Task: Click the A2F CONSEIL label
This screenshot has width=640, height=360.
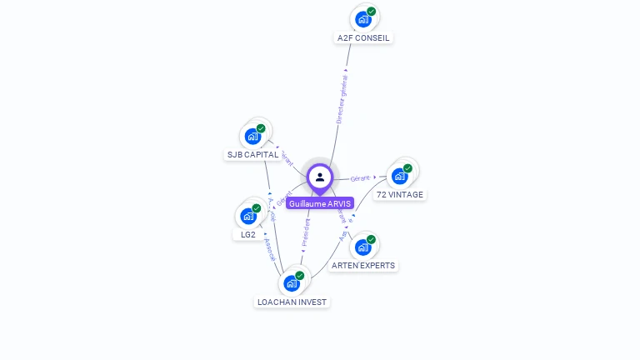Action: (x=363, y=37)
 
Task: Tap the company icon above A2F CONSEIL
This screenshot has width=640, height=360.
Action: (x=362, y=18)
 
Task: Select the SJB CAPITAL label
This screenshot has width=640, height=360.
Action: (x=252, y=154)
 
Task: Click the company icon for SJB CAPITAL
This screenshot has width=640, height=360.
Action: (x=252, y=136)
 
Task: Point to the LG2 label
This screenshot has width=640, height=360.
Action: (x=247, y=234)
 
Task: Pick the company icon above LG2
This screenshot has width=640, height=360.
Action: (x=247, y=216)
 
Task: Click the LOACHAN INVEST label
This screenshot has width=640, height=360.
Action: (x=292, y=302)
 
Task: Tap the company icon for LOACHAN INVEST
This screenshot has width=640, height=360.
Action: (x=291, y=283)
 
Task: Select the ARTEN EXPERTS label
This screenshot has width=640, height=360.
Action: (x=363, y=265)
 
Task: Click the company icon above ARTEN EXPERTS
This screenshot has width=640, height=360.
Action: (x=362, y=247)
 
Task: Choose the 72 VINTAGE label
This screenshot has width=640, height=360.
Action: (x=400, y=194)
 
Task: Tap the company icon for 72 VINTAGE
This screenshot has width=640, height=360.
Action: (x=399, y=176)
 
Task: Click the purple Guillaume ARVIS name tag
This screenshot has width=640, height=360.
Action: (x=320, y=203)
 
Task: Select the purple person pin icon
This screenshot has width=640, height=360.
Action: (x=320, y=177)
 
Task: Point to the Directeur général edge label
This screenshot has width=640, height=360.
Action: (x=341, y=98)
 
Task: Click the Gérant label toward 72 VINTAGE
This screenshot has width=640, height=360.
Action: (x=360, y=178)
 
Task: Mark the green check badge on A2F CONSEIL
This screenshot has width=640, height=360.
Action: (x=372, y=12)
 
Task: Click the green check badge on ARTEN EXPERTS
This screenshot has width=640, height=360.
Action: (x=372, y=240)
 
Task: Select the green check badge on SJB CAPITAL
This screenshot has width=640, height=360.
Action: (x=261, y=129)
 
